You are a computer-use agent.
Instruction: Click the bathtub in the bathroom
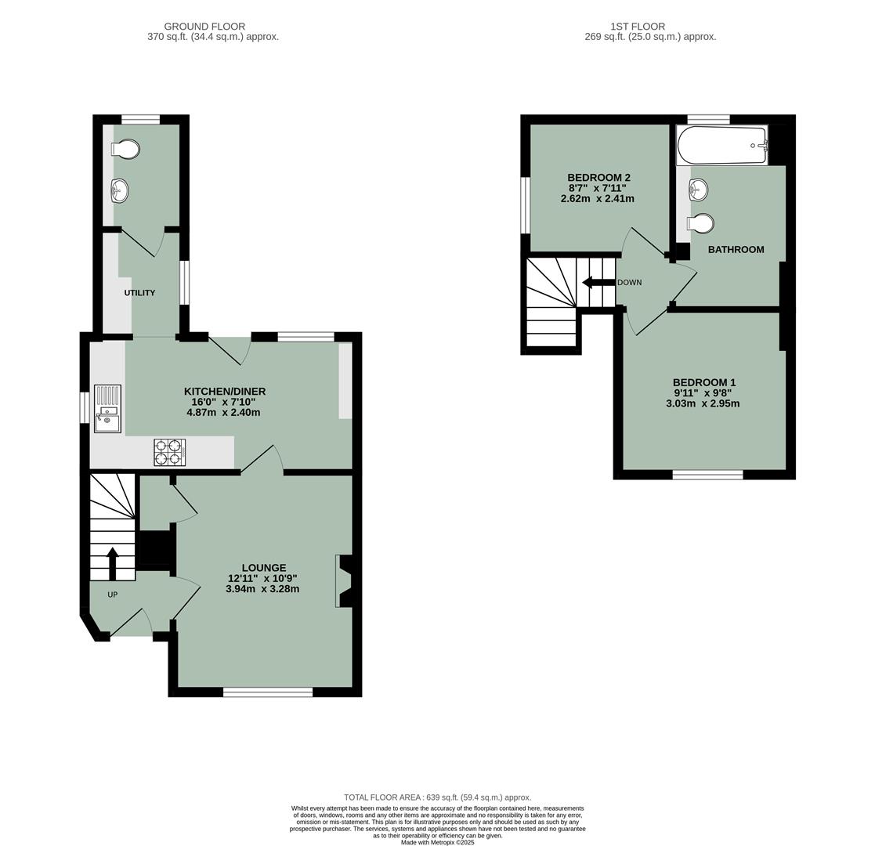coord(721,145)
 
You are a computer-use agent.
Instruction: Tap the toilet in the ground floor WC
coord(125,149)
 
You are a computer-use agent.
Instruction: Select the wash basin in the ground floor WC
coord(120,190)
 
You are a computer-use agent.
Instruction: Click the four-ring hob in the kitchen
coord(169,452)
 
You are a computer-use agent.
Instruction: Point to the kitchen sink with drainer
coord(107,408)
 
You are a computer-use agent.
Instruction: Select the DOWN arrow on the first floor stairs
coord(598,282)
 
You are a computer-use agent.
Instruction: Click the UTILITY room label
coord(139,293)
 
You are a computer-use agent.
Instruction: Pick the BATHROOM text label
coord(736,250)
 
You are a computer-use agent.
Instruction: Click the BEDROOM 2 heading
coord(598,178)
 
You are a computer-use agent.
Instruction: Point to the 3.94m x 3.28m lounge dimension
coord(262,589)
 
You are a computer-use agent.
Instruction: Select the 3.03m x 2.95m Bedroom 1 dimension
coord(703,404)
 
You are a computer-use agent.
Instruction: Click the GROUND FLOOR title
coord(204,27)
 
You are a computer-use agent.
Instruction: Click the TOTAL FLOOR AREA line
coord(437,797)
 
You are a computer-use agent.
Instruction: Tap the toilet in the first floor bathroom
coord(701,224)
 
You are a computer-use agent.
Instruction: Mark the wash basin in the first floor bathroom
coord(698,189)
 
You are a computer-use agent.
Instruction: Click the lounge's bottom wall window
coord(268,692)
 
